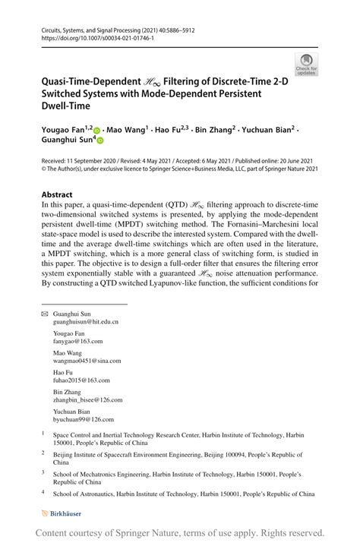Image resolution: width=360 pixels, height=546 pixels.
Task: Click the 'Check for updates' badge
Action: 306,65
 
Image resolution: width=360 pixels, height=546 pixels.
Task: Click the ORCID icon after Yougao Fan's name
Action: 97,131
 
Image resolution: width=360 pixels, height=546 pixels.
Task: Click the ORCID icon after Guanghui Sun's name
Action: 99,140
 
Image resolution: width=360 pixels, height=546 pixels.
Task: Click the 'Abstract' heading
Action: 57,194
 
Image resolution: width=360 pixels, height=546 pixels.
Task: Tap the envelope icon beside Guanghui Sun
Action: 44,314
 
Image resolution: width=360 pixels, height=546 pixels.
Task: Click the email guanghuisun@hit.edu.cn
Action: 85,322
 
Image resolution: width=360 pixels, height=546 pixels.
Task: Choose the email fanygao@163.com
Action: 77,342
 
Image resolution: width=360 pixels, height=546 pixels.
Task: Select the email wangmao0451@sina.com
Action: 87,361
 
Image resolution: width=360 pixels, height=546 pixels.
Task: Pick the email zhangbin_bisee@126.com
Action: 87,400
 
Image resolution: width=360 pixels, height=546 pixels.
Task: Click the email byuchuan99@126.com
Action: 83,419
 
